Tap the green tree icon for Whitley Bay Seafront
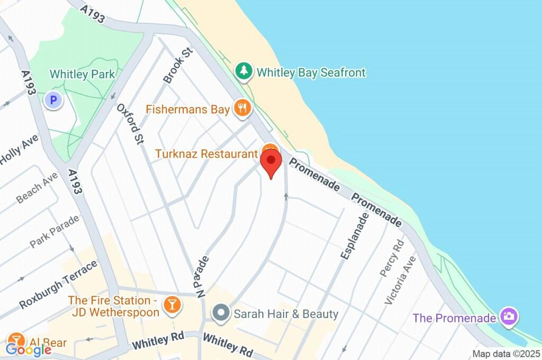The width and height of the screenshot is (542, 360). point(244,71)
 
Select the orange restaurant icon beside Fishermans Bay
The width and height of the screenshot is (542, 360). point(243,109)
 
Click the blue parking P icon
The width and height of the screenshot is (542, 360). point(53,99)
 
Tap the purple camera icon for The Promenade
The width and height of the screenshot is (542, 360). point(509,317)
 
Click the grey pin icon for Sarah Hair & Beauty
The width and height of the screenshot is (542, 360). point(220,313)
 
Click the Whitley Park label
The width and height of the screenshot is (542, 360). point(82,74)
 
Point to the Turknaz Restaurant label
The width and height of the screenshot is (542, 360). point(206,154)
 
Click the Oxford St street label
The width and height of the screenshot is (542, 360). point(130,124)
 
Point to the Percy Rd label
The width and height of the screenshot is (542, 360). point(392,258)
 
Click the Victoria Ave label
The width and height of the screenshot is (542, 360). point(400,280)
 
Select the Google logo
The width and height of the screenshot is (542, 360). point(29,349)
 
